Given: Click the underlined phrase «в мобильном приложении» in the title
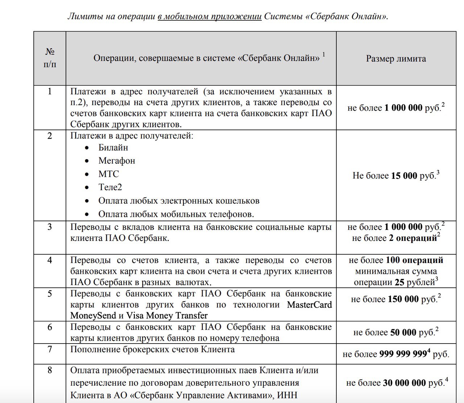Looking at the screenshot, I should point(210,17).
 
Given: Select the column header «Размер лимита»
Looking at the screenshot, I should point(396,59).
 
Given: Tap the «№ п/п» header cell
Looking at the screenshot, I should point(50,58).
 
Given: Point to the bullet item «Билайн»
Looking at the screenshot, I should point(113,148).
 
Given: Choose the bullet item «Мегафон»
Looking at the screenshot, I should point(116,161).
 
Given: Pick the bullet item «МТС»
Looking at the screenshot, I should point(108,174).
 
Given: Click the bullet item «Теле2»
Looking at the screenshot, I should point(110,187).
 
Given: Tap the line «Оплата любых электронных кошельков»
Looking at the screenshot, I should point(179,201).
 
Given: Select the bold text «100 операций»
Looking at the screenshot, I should point(414,260).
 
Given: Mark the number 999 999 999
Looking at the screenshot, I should point(403,354).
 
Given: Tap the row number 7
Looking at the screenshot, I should point(50,349).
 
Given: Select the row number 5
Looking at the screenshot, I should point(50,293).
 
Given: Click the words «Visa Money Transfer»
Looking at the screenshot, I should point(167,316).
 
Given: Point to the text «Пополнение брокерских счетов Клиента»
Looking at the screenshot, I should point(152,349).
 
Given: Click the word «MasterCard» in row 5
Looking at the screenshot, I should point(309,305).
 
